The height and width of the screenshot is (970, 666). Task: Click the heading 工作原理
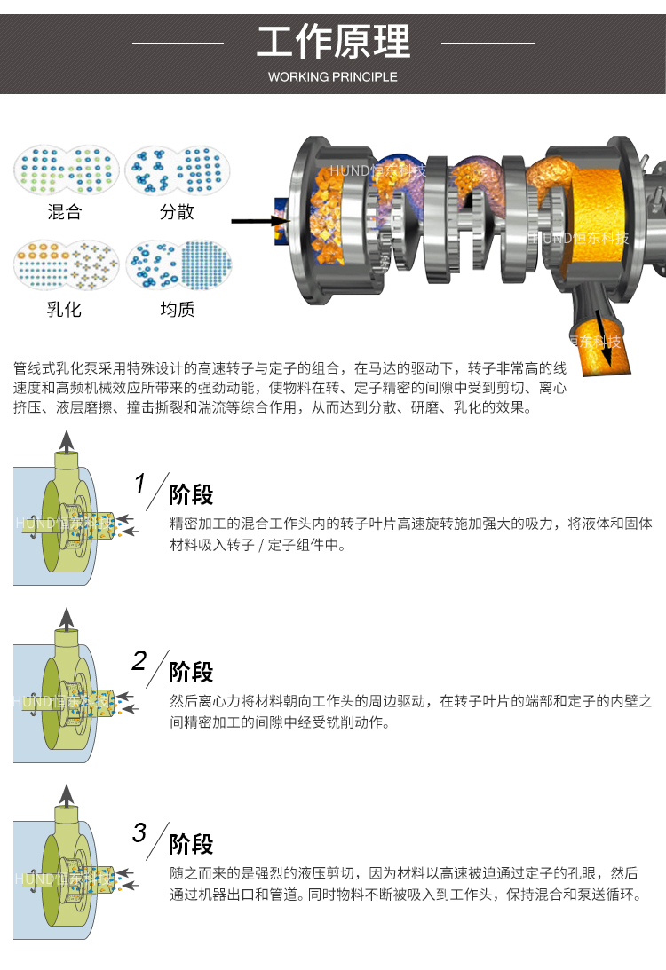tap(333, 42)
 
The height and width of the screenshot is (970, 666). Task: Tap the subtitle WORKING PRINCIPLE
tap(333, 77)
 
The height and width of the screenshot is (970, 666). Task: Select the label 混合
tap(64, 212)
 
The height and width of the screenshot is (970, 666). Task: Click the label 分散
tap(177, 212)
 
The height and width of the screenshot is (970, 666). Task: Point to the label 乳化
tap(64, 310)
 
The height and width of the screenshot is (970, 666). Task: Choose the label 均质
tap(178, 310)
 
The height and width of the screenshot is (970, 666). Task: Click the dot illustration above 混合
tap(67, 170)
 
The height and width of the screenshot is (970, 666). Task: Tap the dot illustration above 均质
tap(178, 265)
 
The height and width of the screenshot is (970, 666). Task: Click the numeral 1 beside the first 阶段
tap(140, 483)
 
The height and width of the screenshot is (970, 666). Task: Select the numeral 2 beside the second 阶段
tap(139, 660)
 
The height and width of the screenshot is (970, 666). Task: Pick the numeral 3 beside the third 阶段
tap(139, 832)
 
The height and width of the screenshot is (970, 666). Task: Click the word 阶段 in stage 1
tap(191, 495)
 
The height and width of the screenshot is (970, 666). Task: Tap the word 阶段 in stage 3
tap(191, 844)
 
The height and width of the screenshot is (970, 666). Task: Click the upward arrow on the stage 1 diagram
tap(67, 443)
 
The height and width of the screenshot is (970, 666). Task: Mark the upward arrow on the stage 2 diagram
tap(67, 620)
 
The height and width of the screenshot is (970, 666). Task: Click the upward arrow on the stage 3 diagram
tap(67, 798)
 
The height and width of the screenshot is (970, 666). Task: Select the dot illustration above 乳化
tap(67, 265)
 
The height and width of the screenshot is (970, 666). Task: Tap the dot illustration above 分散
tap(178, 170)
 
